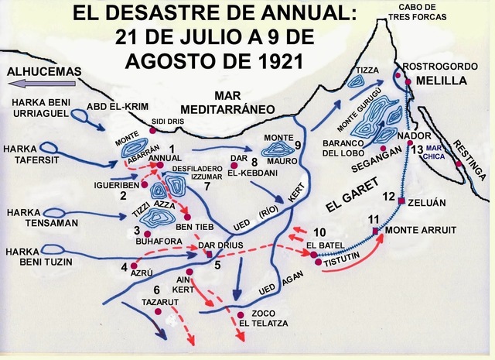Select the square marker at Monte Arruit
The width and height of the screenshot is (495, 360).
click(375, 231)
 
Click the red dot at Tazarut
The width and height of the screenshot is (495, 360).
click(158, 312)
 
